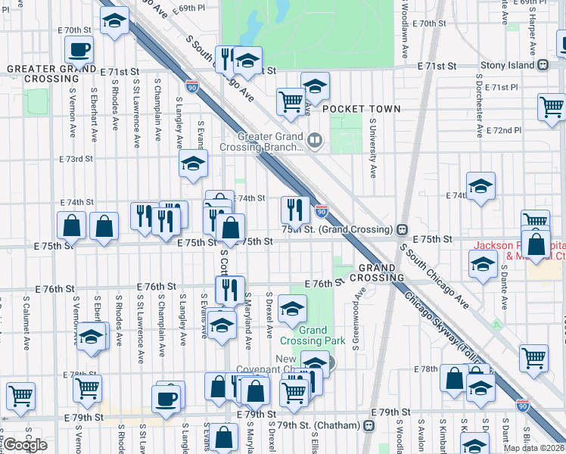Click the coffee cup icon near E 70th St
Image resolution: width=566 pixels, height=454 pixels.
pos(78,51)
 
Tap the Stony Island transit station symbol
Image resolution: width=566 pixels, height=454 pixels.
pos(543,65)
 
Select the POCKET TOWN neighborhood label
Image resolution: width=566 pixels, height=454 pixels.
pos(361,109)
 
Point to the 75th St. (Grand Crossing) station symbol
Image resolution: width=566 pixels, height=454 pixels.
pos(403,229)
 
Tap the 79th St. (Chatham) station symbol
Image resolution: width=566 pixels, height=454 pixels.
pos(369,426)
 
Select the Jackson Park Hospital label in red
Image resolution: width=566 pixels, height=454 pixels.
pos(518,250)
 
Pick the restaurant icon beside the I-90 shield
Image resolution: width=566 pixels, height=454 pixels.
pos(294,209)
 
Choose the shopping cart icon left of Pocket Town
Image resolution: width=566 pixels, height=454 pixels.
pos(291,101)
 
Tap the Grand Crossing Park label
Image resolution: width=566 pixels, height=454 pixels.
pos(322,335)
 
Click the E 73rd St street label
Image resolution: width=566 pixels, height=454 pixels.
pos(76,160)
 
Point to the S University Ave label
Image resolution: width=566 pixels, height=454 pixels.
pos(373,148)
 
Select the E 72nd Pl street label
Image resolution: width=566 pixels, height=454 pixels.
pos(505,131)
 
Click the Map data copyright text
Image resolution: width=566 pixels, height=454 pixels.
pos(533,448)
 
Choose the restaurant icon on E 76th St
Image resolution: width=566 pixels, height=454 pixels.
pos(229,289)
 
